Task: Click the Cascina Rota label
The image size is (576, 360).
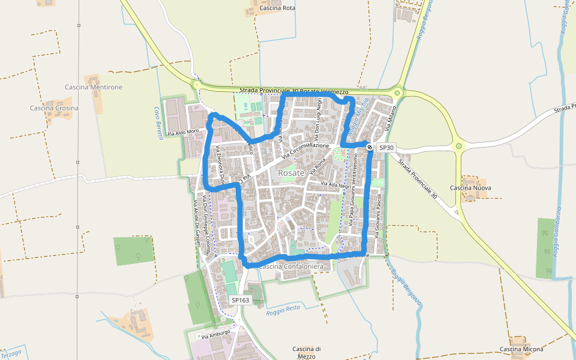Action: pos(277,8)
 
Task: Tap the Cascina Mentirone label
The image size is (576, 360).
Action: pos(94,87)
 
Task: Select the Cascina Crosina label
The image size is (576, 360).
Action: pos(54,108)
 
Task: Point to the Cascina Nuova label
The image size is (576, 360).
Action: pos(471,188)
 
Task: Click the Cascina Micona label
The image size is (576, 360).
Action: pos(521,349)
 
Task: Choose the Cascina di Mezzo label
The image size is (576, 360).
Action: pos(307,352)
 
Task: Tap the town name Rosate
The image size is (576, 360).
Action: pos(292,173)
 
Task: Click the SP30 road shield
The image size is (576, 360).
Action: pos(387,148)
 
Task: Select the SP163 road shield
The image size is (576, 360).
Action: pos(240,300)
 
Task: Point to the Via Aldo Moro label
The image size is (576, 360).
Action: pos(183,132)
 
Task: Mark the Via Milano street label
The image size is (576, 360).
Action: pos(392,119)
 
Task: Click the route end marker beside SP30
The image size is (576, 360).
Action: pos(370,146)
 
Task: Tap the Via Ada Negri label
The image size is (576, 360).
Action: pos(335,185)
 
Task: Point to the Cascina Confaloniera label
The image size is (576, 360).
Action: pos(292,266)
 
